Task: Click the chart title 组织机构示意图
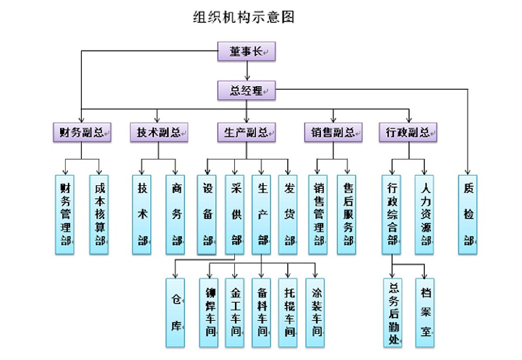pyautogui.click(x=244, y=17)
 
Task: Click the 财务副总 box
pyautogui.click(x=82, y=133)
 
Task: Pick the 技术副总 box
pyautogui.click(x=159, y=133)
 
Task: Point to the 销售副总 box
pyautogui.click(x=333, y=133)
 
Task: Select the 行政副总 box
pyautogui.click(x=408, y=133)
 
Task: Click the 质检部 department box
pyautogui.click(x=468, y=214)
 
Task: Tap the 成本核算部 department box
pyautogui.click(x=99, y=214)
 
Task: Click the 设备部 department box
pyautogui.click(x=207, y=214)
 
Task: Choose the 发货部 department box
pyautogui.click(x=288, y=214)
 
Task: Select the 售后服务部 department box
pyautogui.click(x=347, y=214)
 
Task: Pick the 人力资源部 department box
pyautogui.click(x=425, y=214)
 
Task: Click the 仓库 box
pyautogui.click(x=175, y=313)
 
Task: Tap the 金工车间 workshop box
pyautogui.click(x=235, y=313)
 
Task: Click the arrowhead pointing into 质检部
pyautogui.click(x=468, y=171)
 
